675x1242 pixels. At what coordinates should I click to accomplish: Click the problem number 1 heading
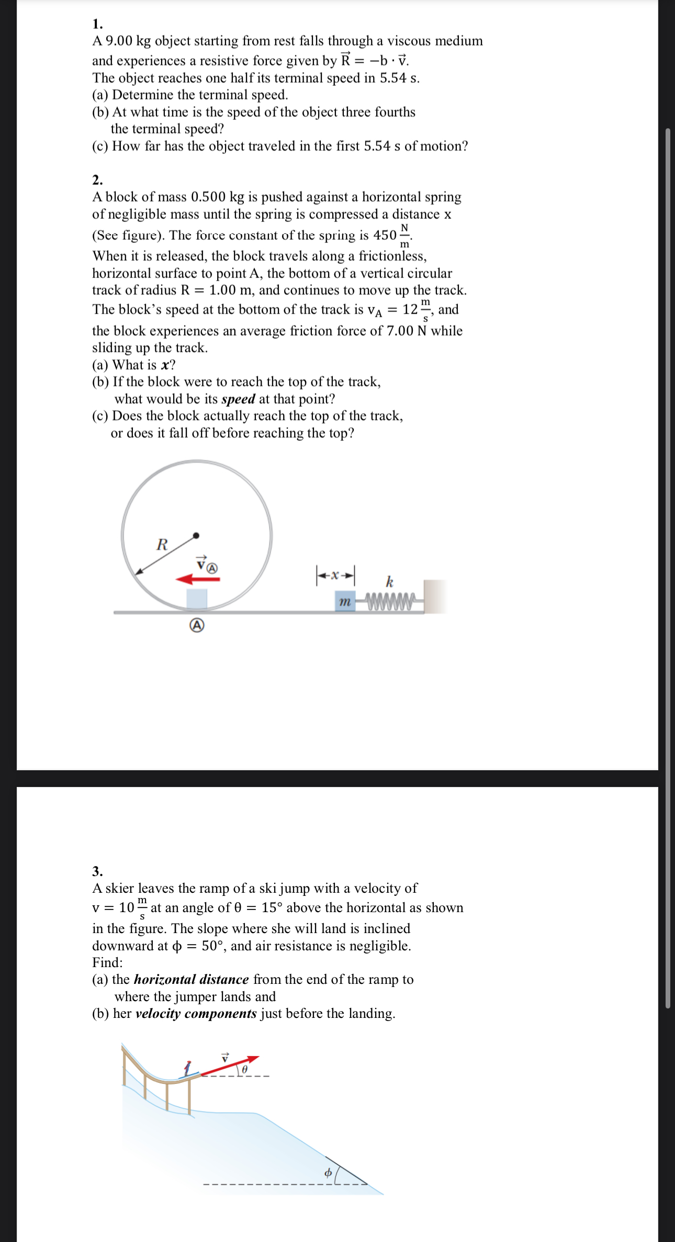coord(97,24)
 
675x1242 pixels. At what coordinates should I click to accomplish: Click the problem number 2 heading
coord(97,180)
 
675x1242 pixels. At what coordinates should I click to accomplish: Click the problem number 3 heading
coord(97,871)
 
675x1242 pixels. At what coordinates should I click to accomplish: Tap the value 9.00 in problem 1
coord(119,41)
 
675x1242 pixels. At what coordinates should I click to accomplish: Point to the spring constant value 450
coord(385,235)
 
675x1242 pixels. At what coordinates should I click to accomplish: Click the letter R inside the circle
coord(162,545)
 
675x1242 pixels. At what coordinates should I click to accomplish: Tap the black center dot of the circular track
coord(196,535)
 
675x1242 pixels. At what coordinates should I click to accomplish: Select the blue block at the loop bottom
coord(197,599)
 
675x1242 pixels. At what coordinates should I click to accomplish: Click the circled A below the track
coord(197,625)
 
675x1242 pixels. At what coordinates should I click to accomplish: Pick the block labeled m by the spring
coord(344,602)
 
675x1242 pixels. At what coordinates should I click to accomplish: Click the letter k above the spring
coord(389,581)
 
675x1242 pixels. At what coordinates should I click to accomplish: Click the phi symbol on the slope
coord(328,1173)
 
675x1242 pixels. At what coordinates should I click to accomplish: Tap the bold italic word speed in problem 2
coord(238,399)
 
